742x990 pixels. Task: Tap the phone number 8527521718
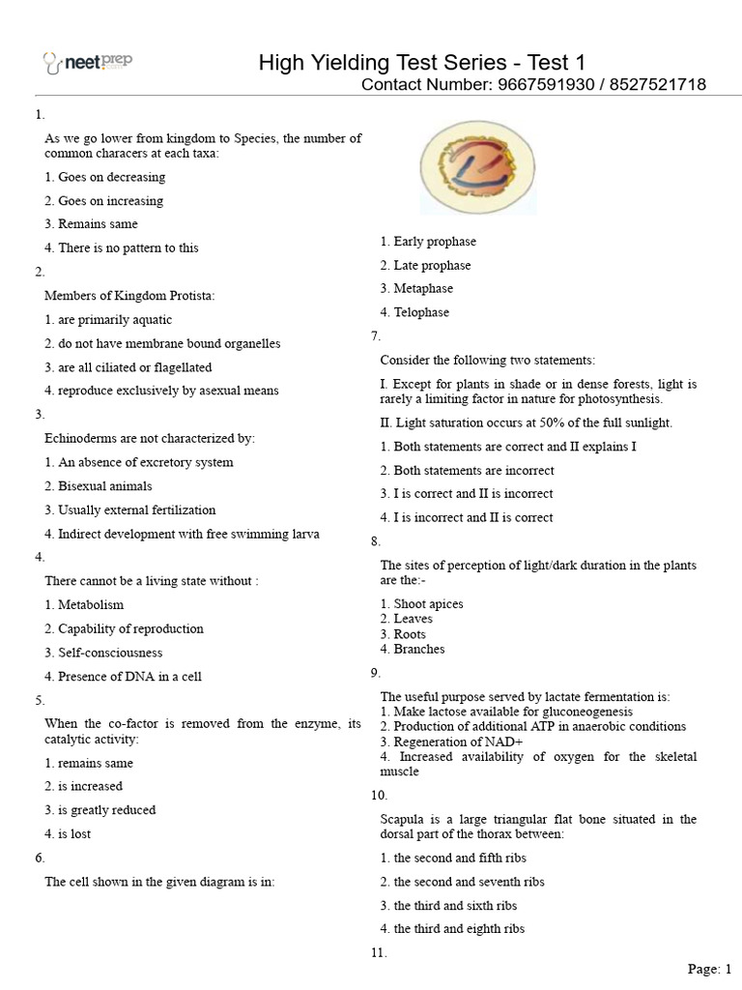tap(657, 85)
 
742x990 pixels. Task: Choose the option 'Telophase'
tap(415, 312)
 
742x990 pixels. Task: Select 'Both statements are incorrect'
tap(468, 470)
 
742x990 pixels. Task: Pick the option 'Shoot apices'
tap(422, 604)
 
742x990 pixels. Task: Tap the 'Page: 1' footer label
tap(710, 969)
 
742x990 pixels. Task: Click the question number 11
tap(379, 953)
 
